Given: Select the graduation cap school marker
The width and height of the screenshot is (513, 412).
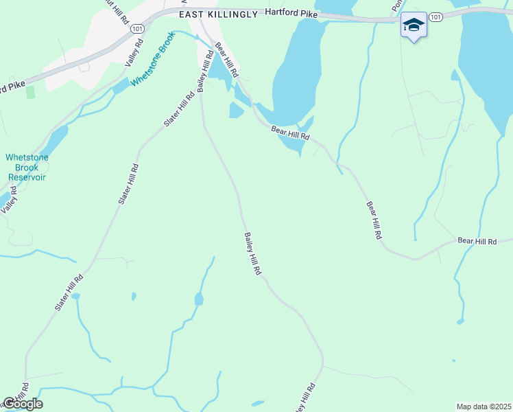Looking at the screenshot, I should [x=413, y=26].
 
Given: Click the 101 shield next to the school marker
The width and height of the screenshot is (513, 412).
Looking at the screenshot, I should [x=436, y=16].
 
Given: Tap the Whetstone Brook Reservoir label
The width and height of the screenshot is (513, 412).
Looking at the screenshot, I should [x=26, y=167].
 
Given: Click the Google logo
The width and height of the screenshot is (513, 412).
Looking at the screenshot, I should [x=23, y=404].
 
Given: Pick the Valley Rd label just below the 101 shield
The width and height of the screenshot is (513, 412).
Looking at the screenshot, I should [x=133, y=52].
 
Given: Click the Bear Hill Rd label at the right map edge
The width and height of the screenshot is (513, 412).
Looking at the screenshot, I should [x=477, y=241].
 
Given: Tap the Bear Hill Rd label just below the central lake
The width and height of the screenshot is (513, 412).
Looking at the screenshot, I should [x=290, y=133].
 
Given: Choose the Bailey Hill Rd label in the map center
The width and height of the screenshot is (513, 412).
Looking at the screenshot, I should [x=252, y=253].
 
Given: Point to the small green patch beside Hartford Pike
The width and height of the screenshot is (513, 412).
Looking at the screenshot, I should [x=30, y=92].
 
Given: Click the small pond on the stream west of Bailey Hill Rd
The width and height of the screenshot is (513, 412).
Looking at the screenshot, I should [x=199, y=299].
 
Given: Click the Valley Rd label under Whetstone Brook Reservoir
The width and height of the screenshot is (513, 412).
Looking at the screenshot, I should [x=9, y=200].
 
